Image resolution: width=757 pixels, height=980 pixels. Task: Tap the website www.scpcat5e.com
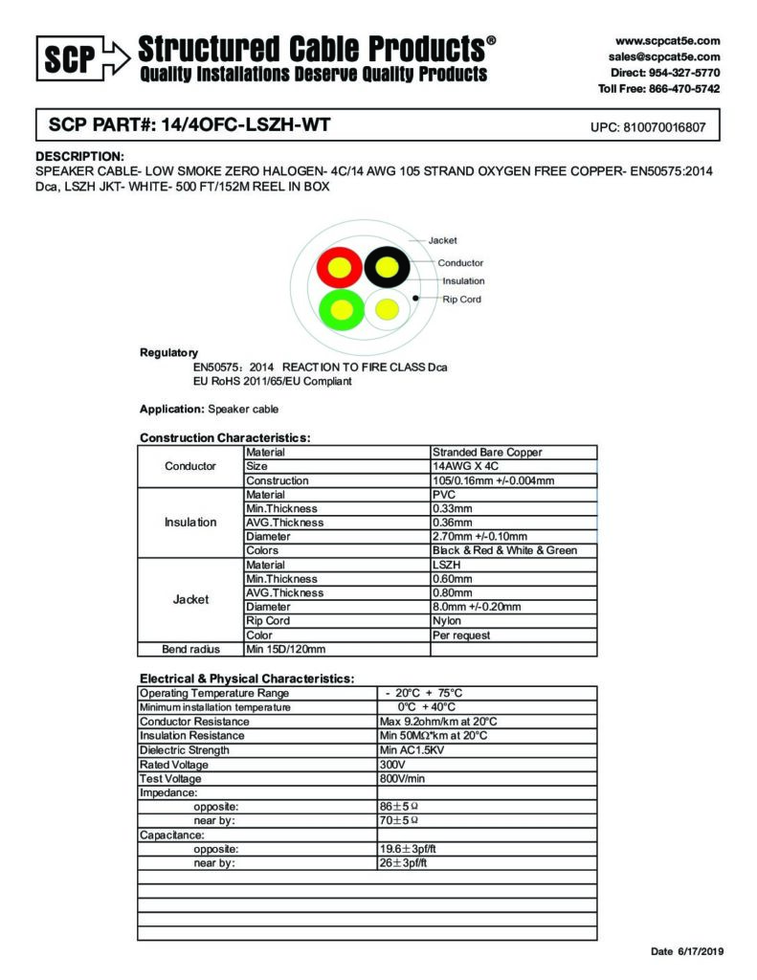click(667, 41)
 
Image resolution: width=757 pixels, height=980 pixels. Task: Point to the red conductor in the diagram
click(340, 265)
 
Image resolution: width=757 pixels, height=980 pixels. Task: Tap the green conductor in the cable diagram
click(340, 308)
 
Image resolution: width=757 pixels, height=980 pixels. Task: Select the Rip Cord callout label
click(461, 300)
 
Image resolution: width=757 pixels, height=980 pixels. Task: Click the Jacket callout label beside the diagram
click(443, 240)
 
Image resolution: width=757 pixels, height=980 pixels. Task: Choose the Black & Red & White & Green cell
click(504, 550)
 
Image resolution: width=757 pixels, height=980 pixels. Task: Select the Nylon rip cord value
click(447, 620)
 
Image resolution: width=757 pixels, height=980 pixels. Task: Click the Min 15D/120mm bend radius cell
click(286, 649)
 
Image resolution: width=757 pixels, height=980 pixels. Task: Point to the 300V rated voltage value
click(392, 765)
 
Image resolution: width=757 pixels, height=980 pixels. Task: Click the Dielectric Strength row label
click(185, 750)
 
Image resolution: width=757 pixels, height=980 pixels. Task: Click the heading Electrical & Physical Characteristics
click(247, 679)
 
